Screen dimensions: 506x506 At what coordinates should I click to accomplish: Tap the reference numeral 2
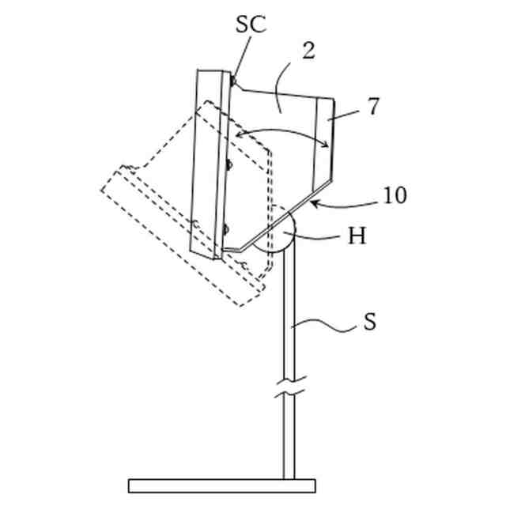coord(308,51)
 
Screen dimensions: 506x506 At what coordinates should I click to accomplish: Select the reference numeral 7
coord(373,107)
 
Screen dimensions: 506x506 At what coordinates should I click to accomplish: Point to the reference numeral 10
coord(394,194)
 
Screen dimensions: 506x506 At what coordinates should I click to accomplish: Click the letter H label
coord(357,236)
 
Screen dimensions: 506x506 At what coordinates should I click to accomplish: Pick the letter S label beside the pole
coord(369,322)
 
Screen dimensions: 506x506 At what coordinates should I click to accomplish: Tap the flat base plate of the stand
coord(221,485)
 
